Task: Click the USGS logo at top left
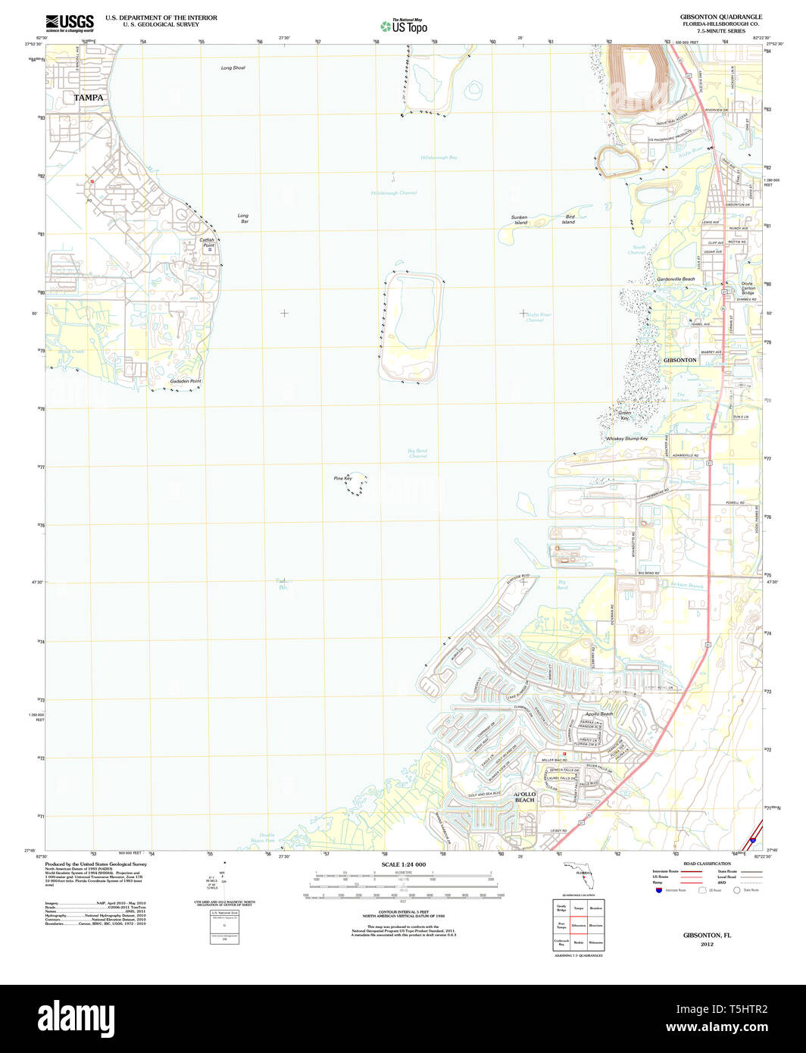(x=70, y=23)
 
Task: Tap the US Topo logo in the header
(x=403, y=26)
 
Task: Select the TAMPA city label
(x=89, y=98)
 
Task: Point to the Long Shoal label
(x=233, y=68)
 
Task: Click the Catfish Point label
(x=207, y=242)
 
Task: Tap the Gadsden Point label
(x=186, y=381)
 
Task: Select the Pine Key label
(x=342, y=478)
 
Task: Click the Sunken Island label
(x=519, y=220)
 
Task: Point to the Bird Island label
(x=569, y=220)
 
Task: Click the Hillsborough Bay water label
(x=439, y=158)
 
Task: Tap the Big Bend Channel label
(x=417, y=453)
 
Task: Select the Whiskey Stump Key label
(x=626, y=439)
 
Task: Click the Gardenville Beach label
(x=676, y=279)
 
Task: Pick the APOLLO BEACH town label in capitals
(x=525, y=797)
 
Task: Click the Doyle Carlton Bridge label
(x=748, y=288)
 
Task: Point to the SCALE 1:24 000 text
(x=403, y=864)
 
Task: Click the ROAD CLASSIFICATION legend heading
(x=707, y=864)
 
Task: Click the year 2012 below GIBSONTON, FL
(x=707, y=944)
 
